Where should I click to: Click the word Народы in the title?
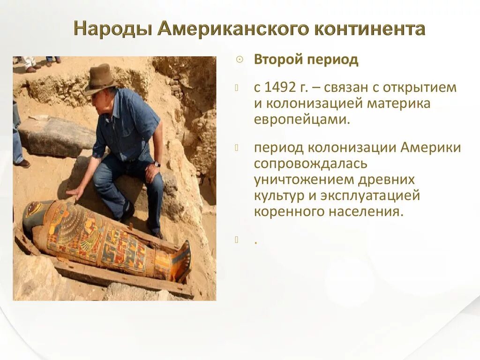coord(112,29)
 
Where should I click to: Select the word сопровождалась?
coord(311,164)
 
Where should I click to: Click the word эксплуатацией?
coord(370,195)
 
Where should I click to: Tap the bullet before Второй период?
coord(239,60)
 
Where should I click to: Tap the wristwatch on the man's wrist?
coord(157,164)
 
